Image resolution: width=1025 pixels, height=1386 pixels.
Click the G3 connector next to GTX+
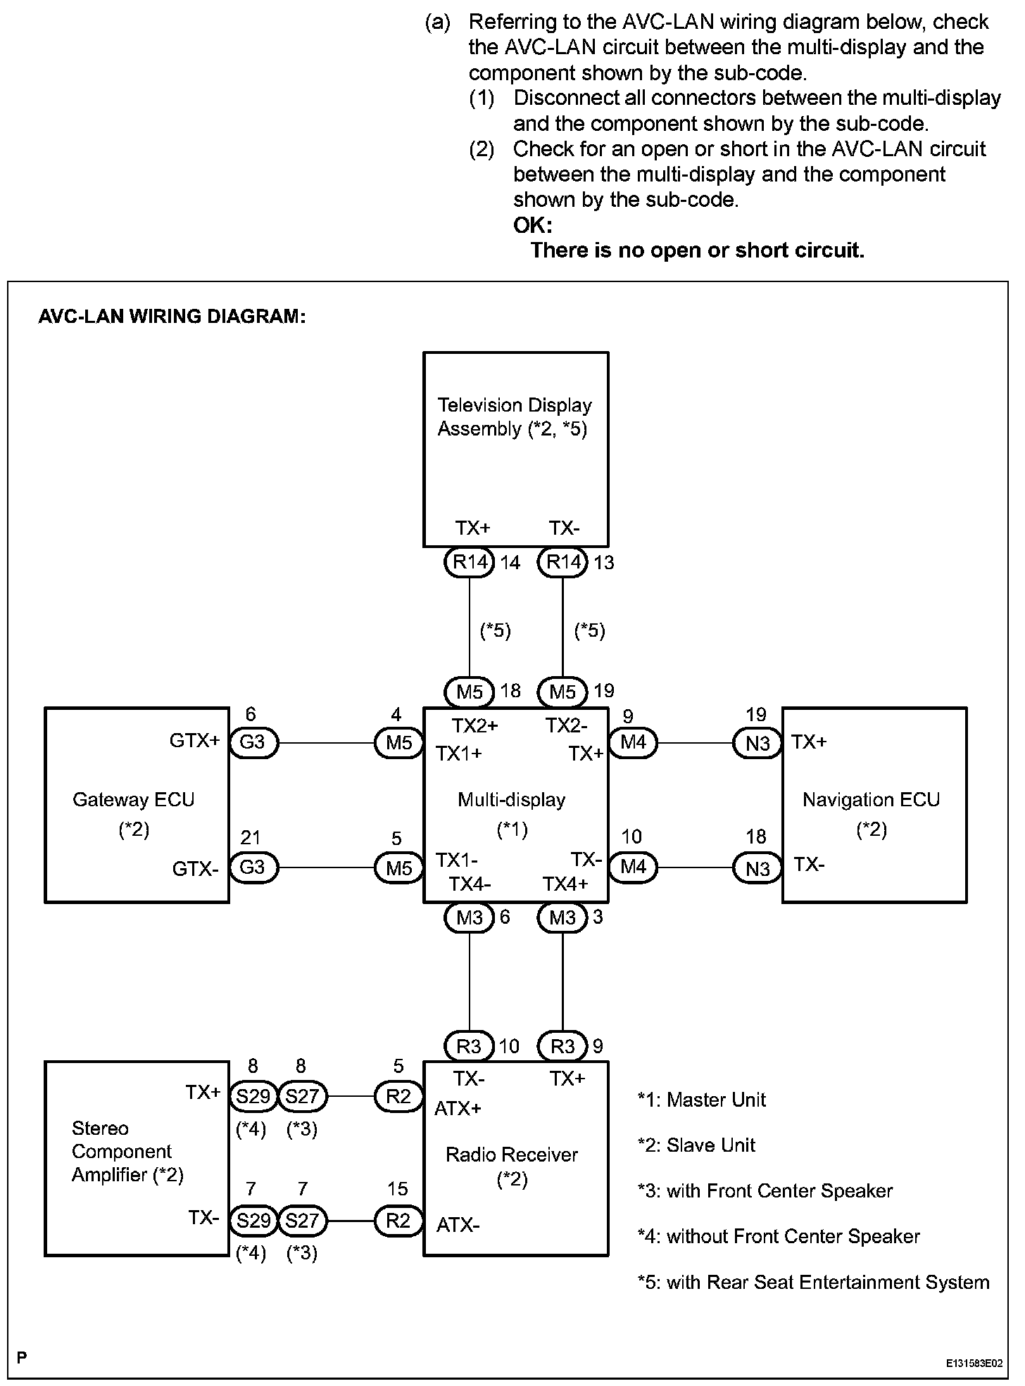click(253, 743)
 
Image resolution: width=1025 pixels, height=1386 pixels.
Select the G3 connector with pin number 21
click(253, 867)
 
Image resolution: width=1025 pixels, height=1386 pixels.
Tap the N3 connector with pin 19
click(757, 743)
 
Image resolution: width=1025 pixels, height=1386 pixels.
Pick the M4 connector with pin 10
click(633, 867)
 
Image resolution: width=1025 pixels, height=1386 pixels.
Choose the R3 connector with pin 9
click(562, 1047)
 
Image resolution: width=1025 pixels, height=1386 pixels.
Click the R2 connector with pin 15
click(398, 1220)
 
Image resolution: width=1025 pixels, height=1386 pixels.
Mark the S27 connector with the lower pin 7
click(303, 1220)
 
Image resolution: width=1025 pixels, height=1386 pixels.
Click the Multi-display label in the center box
click(512, 800)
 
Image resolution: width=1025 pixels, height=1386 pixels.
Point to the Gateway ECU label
click(134, 800)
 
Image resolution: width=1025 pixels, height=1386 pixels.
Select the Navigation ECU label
click(872, 800)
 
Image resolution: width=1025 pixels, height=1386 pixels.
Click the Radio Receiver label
click(512, 1155)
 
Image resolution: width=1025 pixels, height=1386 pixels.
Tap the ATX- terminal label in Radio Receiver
click(458, 1225)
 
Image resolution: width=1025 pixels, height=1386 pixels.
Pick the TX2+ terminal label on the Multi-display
click(474, 725)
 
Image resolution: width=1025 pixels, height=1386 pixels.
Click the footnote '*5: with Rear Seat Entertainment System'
click(814, 1283)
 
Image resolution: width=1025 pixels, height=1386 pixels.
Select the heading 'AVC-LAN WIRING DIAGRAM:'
click(172, 317)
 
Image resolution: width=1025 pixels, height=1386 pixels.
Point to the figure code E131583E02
click(974, 1363)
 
